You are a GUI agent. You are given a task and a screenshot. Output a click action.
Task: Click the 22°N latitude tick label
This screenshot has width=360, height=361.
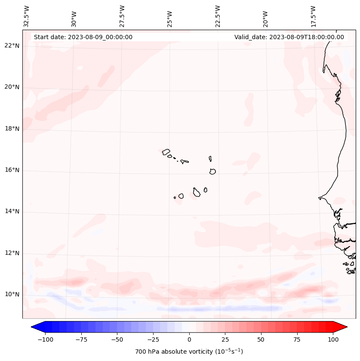[12, 46]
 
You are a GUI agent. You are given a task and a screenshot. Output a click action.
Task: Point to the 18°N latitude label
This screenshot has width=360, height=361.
[12, 129]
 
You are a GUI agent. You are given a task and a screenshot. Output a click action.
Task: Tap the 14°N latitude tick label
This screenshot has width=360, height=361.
[12, 212]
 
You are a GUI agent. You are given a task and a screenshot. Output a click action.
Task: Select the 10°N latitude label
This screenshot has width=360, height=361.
[12, 295]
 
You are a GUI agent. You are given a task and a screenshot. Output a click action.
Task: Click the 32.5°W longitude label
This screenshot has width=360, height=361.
[27, 16]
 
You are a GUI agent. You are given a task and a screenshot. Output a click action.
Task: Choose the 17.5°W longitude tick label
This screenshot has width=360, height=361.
[313, 16]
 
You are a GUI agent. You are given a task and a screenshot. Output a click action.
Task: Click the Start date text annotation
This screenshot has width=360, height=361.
[83, 37]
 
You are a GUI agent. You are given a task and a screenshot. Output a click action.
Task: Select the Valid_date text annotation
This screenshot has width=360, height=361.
[289, 37]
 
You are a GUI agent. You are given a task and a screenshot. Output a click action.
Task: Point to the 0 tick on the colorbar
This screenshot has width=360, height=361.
[189, 339]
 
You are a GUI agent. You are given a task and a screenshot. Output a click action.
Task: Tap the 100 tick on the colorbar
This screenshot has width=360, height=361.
[333, 339]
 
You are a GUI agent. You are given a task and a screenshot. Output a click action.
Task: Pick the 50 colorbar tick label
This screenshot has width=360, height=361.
[261, 339]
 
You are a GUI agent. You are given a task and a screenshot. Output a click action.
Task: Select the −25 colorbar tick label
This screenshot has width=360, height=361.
[153, 339]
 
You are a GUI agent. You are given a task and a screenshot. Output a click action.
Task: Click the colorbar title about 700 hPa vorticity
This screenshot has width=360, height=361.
[189, 352]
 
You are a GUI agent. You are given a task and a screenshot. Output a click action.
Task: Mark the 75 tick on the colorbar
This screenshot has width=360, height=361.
[297, 339]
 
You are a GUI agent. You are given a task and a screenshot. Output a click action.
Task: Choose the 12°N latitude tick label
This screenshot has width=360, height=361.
[12, 253]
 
